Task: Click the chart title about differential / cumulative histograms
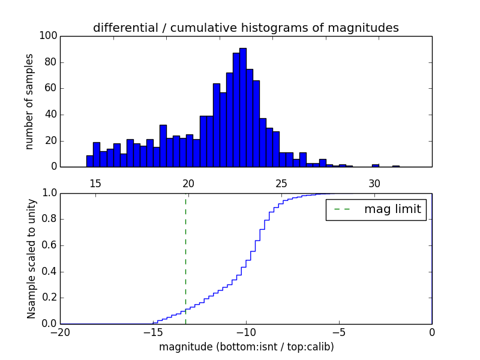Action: (246, 28)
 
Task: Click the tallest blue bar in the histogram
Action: (242, 108)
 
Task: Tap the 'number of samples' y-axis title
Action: (29, 101)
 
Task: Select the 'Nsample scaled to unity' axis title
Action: (31, 259)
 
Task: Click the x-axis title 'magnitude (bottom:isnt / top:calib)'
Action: (246, 347)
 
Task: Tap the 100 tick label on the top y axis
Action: (49, 36)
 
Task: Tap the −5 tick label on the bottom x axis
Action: (339, 332)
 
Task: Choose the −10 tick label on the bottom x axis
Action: (245, 332)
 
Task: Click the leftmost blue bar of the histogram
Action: (89, 161)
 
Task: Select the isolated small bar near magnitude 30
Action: (376, 166)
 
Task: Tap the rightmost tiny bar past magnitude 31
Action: (396, 166)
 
